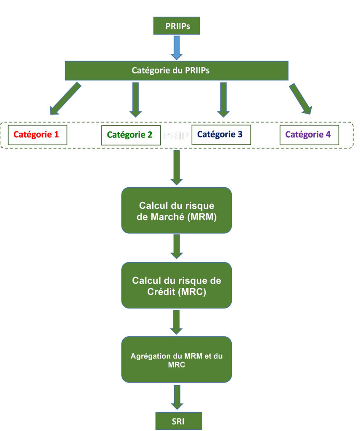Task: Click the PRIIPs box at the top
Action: [177, 26]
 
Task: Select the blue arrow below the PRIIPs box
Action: [177, 48]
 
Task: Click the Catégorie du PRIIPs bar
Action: [176, 71]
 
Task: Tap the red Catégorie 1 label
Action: [37, 135]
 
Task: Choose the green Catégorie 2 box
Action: [131, 135]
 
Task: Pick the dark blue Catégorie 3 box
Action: [221, 135]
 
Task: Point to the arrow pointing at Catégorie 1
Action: [65, 98]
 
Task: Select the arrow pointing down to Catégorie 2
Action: [135, 99]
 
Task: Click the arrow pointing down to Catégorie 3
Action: [223, 99]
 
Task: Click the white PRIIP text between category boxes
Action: [177, 136]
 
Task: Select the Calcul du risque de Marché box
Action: [177, 210]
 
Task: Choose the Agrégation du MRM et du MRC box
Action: [177, 359]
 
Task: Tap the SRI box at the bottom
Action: [179, 421]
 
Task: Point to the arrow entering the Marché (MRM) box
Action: [177, 168]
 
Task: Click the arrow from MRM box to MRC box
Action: [177, 247]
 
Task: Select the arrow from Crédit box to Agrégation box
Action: [177, 322]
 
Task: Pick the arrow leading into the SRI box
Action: [177, 397]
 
